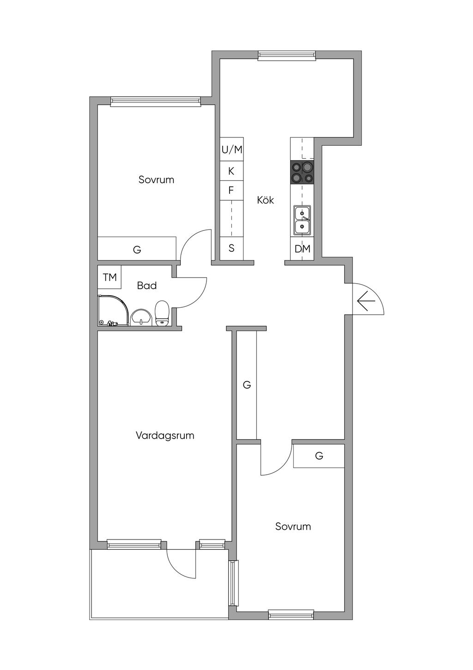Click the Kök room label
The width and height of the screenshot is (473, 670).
pyautogui.click(x=266, y=200)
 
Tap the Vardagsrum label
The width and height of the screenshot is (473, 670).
pyautogui.click(x=165, y=435)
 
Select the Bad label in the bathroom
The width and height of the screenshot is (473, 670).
pyautogui.click(x=147, y=285)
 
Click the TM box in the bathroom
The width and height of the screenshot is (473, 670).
pyautogui.click(x=109, y=277)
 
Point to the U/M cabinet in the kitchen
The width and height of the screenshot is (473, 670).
pyautogui.click(x=231, y=149)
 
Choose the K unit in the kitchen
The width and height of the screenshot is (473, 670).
pyautogui.click(x=231, y=171)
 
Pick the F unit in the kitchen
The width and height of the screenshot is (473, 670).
pyautogui.click(x=231, y=190)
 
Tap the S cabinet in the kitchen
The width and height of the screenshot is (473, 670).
pyautogui.click(x=231, y=248)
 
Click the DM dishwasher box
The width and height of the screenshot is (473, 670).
pyautogui.click(x=303, y=249)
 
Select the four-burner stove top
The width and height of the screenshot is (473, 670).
pyautogui.click(x=302, y=172)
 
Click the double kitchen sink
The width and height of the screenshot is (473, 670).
pyautogui.click(x=303, y=220)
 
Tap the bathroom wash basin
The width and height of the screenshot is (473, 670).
pyautogui.click(x=141, y=317)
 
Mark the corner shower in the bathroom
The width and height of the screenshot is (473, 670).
pyautogui.click(x=113, y=311)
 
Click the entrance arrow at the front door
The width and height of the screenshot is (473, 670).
pyautogui.click(x=366, y=301)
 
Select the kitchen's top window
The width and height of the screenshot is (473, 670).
pyautogui.click(x=287, y=55)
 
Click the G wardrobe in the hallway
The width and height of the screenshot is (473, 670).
pyautogui.click(x=247, y=385)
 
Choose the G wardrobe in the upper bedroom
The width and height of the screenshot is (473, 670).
pyautogui.click(x=137, y=250)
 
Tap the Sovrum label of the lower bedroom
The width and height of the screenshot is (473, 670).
pyautogui.click(x=293, y=526)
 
